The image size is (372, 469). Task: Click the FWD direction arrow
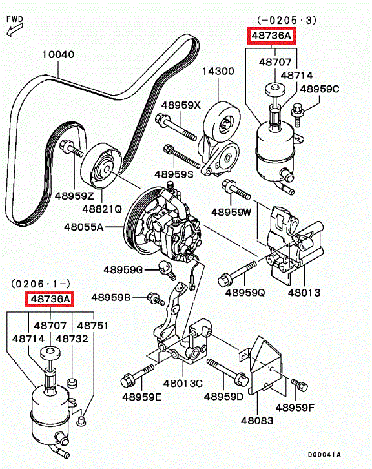pyautogui.click(x=14, y=30)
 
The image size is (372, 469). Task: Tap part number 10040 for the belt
pyautogui.click(x=58, y=54)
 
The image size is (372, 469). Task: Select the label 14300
pyautogui.click(x=218, y=71)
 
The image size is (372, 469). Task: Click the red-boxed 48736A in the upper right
pyautogui.click(x=271, y=36)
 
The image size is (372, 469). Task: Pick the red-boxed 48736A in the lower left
pyautogui.click(x=49, y=299)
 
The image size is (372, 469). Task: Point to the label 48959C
pyautogui.click(x=320, y=89)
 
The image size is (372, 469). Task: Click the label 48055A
pyautogui.click(x=84, y=227)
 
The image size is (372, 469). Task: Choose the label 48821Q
pyautogui.click(x=102, y=209)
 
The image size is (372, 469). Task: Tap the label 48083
pyautogui.click(x=257, y=421)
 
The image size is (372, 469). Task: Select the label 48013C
pyautogui.click(x=183, y=383)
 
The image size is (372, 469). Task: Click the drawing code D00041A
pyautogui.click(x=324, y=455)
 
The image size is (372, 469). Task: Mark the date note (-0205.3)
pyautogui.click(x=287, y=20)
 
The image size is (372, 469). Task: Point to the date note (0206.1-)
pyautogui.click(x=41, y=283)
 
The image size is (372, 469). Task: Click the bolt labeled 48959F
pyautogui.click(x=299, y=385)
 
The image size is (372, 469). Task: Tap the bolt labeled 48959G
pyautogui.click(x=167, y=270)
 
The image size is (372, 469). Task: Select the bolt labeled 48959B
pyautogui.click(x=156, y=299)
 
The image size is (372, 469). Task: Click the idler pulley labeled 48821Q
pyautogui.click(x=102, y=167)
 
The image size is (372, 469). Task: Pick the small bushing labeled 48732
pyautogui.click(x=72, y=383)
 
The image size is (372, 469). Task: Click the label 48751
pyautogui.click(x=93, y=325)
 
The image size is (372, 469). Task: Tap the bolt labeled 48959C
pyautogui.click(x=298, y=114)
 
